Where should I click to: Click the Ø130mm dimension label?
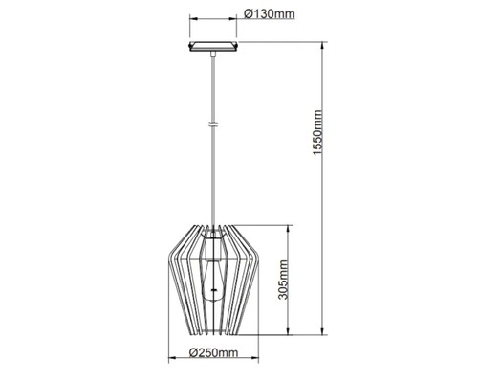pos(271,14)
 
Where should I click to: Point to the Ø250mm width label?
pos(214,353)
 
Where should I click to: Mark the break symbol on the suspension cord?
pos(213,124)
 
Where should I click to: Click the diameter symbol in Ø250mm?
pos(193,353)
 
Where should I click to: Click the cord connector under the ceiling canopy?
pos(213,56)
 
